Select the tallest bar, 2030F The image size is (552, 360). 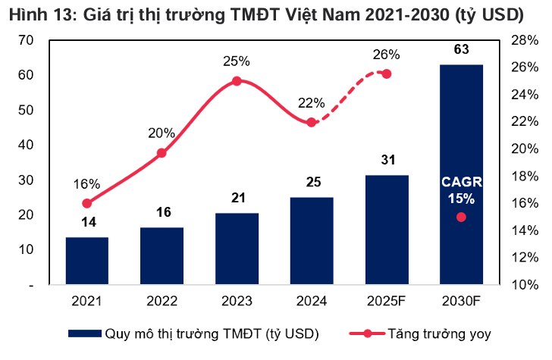click(x=461, y=174)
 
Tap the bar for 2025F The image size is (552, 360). click(x=386, y=230)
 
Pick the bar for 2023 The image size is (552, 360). click(x=237, y=249)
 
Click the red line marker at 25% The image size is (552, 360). click(x=237, y=81)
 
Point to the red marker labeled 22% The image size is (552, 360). click(x=311, y=122)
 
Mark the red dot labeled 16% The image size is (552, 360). click(x=86, y=203)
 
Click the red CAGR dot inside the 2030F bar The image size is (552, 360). click(x=461, y=218)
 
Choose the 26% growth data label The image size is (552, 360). click(x=386, y=54)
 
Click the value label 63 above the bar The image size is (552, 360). click(x=461, y=50)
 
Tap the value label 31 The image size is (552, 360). click(x=386, y=160)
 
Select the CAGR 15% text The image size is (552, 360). click(x=461, y=191)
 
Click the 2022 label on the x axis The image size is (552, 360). click(x=162, y=301)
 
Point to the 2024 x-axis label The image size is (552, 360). click(x=311, y=301)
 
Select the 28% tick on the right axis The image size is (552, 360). click(x=524, y=40)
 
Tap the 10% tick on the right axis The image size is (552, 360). click(x=524, y=285)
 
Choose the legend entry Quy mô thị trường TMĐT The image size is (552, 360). click(x=212, y=333)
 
